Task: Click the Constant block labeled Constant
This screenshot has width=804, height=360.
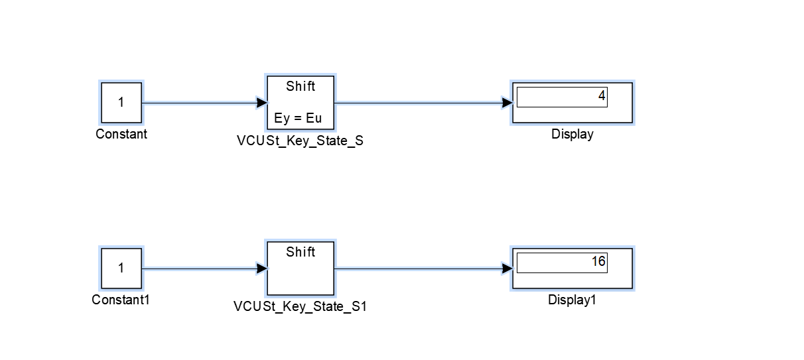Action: point(121,103)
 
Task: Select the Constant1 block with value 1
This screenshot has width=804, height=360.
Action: point(121,269)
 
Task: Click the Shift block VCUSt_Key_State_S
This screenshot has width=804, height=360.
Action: point(301,103)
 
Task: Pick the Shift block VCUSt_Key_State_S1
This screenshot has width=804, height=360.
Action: point(301,269)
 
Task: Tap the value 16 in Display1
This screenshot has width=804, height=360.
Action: point(598,262)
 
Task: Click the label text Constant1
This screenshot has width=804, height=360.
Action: point(121,300)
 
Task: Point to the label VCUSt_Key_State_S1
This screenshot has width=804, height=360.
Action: point(300,307)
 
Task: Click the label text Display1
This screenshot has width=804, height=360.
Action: point(572,300)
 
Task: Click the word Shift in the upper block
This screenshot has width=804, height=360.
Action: point(301,87)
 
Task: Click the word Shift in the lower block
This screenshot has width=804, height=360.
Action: point(301,253)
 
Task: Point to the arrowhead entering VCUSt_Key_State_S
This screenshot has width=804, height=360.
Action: point(262,103)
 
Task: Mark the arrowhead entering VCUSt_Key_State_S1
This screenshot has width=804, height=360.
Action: point(262,269)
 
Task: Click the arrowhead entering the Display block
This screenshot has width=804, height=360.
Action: point(507,103)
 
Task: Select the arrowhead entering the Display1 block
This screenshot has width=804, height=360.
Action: point(507,269)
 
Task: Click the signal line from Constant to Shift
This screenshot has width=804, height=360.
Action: point(199,103)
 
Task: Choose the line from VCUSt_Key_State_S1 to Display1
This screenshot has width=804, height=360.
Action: point(418,269)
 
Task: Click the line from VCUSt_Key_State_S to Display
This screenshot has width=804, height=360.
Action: point(418,103)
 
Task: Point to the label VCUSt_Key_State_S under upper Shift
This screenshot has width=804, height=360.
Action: point(300,141)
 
